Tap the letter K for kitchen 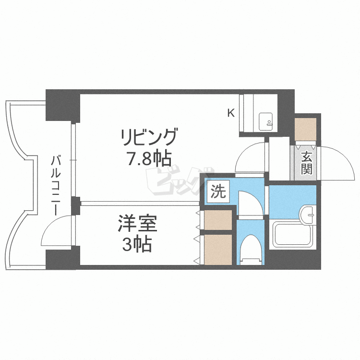pos(231,113)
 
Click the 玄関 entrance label pos(307,163)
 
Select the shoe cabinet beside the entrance pos(305,129)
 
